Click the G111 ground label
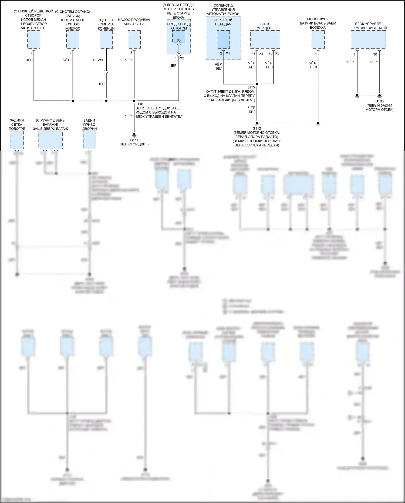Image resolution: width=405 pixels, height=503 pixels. click(134, 140)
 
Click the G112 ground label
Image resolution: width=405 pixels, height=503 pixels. click(257, 128)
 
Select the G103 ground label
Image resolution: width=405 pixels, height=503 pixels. click(379, 101)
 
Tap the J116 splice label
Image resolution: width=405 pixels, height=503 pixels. click(139, 104)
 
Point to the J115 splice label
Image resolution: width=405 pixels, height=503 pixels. click(251, 87)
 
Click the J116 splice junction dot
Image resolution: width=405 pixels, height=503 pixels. click(134, 101)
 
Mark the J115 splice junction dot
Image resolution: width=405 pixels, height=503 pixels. click(257, 84)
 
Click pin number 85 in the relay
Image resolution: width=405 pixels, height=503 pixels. click(179, 41)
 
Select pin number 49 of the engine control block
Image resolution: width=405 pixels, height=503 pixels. click(254, 54)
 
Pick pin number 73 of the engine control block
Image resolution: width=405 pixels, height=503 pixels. click(271, 54)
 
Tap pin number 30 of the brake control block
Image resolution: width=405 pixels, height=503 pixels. click(375, 54)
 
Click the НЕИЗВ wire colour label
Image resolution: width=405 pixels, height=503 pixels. click(99, 60)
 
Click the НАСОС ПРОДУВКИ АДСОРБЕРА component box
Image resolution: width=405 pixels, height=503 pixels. click(134, 39)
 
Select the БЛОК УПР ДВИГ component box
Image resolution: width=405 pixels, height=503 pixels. click(265, 39)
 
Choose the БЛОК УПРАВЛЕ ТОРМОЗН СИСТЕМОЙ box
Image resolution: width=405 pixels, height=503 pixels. click(368, 39)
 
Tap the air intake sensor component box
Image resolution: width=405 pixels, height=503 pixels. click(318, 39)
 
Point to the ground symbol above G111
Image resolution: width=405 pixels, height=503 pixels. click(134, 135)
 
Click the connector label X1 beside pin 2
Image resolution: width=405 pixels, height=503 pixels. click(228, 54)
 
